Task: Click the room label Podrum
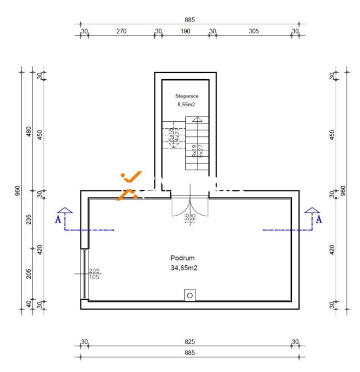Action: pos(182,257)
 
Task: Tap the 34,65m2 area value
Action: pos(182,267)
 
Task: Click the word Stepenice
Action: pos(187,96)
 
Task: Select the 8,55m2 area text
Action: pos(187,105)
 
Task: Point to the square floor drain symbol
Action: pos(189,294)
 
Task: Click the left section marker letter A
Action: pos(57,218)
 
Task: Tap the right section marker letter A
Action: pos(318,218)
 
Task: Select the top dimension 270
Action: pos(121,31)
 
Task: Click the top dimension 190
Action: pos(185,31)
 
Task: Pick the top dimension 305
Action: pos(254,31)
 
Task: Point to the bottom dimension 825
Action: pos(189,342)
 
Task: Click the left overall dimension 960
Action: pos(17,191)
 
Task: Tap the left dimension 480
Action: pos(29,132)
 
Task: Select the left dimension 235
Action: pos(29,220)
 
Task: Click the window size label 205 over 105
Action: pos(94,274)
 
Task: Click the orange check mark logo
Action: pos(130,184)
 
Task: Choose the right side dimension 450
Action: pos(332,134)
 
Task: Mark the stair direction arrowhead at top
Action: pos(198,119)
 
